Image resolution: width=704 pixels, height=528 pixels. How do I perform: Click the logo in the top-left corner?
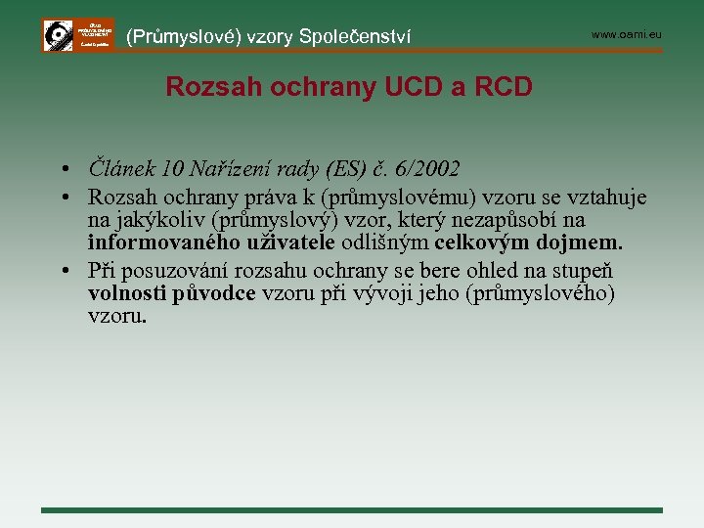click(x=77, y=35)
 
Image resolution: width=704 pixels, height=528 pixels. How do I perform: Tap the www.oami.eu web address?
click(x=627, y=35)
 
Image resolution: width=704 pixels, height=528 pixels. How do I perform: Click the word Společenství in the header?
click(x=358, y=37)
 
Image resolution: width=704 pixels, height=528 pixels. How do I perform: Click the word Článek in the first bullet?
click(x=117, y=168)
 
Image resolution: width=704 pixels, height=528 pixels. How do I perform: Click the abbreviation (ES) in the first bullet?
click(x=351, y=168)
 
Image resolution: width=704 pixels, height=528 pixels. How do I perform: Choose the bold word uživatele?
click(x=289, y=242)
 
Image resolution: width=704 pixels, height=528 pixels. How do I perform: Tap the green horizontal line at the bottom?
click(x=352, y=509)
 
